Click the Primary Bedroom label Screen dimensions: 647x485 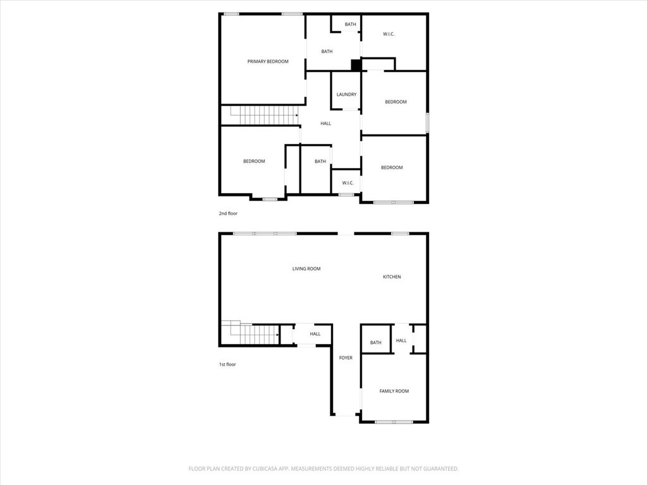click(x=268, y=61)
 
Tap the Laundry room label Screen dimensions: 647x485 click(x=346, y=95)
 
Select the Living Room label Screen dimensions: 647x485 click(x=306, y=268)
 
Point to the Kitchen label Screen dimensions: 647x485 click(x=392, y=277)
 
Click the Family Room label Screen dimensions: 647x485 click(x=394, y=391)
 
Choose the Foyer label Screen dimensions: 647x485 click(x=346, y=357)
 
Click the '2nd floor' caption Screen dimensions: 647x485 click(x=228, y=213)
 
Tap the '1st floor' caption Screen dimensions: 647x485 click(x=227, y=364)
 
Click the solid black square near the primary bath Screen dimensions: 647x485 click(x=356, y=65)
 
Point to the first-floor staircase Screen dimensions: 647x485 click(x=250, y=332)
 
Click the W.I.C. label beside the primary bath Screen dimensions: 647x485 click(x=389, y=34)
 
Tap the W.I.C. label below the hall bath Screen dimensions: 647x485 click(x=348, y=183)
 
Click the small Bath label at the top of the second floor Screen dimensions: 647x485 click(x=350, y=25)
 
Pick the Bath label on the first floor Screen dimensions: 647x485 click(x=375, y=342)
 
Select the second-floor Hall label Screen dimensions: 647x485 click(x=325, y=123)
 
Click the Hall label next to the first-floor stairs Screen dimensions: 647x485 click(x=315, y=333)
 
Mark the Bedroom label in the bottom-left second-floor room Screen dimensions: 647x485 click(x=254, y=161)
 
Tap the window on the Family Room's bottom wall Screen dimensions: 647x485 click(x=394, y=422)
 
